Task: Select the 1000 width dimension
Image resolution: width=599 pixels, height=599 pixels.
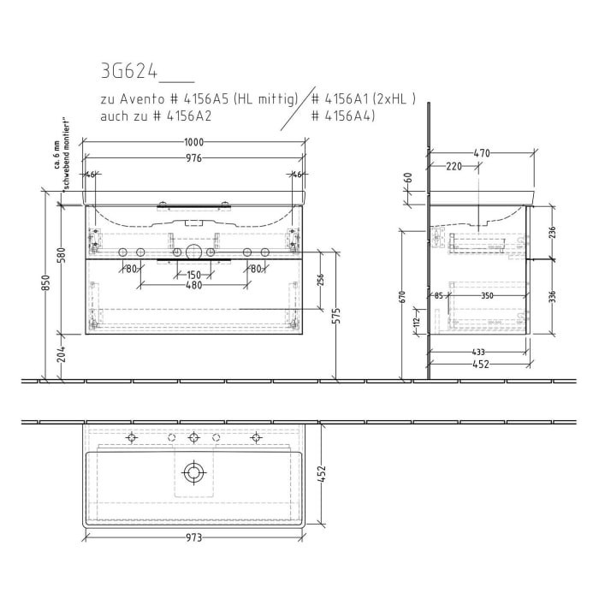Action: pos(196,143)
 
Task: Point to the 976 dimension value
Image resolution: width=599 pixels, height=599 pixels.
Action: pos(196,158)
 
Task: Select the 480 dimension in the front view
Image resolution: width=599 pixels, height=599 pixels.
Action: pos(195,286)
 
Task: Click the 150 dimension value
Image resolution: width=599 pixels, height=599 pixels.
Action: pos(195,275)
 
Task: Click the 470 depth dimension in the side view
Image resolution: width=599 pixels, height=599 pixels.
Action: pos(482,153)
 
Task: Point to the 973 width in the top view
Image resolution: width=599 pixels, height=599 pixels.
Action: pos(194,538)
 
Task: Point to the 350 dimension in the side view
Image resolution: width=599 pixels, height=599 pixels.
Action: pos(488,296)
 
